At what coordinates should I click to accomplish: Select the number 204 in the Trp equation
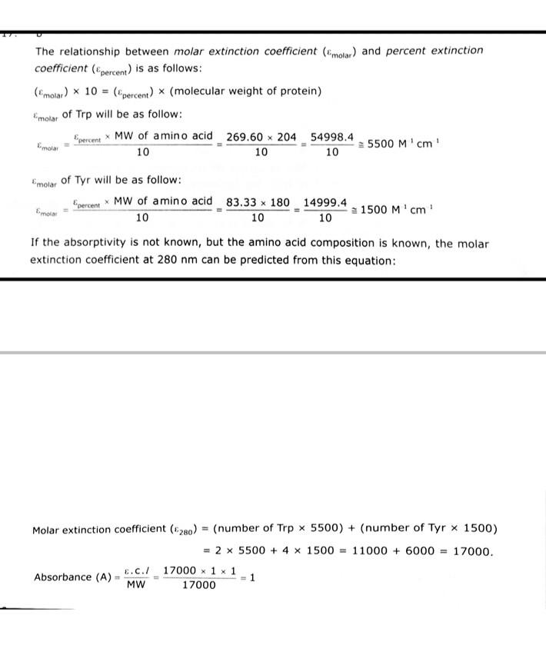click(286, 137)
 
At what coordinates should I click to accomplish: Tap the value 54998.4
click(332, 137)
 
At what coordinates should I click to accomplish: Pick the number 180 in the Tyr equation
click(279, 202)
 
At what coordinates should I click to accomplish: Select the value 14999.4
click(325, 202)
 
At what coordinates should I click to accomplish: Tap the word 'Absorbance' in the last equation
click(62, 577)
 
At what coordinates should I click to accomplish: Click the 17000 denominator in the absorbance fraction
click(199, 586)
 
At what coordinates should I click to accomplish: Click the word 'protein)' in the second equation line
click(300, 91)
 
